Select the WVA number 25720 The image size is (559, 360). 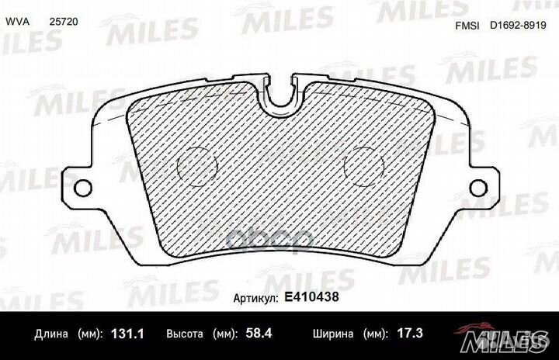click(x=63, y=24)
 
